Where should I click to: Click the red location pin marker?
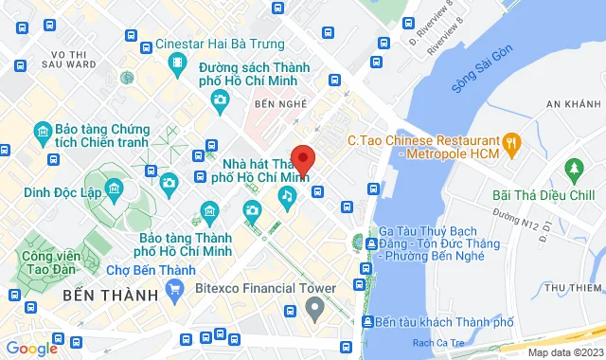click(x=303, y=159)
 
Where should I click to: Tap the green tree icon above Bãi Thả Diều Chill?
click(x=573, y=171)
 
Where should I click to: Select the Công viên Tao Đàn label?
click(x=40, y=262)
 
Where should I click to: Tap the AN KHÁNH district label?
click(x=574, y=102)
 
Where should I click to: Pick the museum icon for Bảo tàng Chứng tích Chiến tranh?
click(x=42, y=131)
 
